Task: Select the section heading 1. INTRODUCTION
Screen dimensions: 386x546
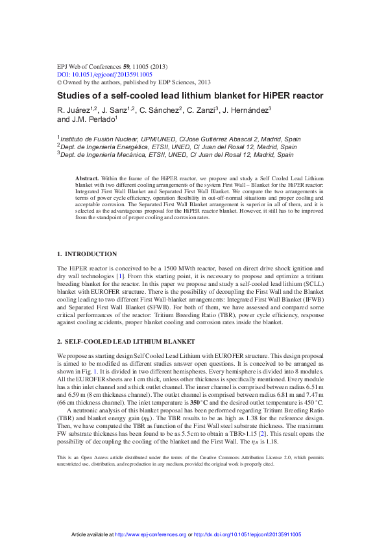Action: (88, 254)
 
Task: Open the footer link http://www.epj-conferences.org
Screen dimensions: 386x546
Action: (151, 534)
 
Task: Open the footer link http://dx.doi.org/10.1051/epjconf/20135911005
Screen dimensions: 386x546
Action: (247, 534)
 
